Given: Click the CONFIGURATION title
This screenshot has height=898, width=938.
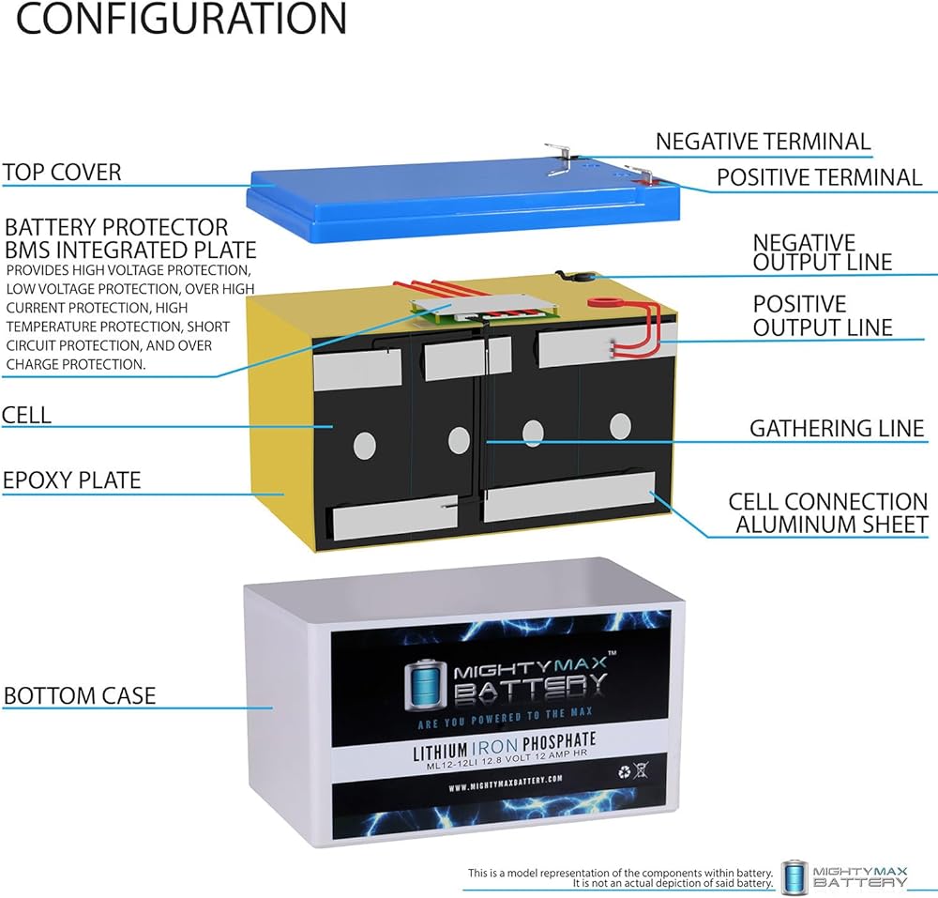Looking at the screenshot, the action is point(181,18).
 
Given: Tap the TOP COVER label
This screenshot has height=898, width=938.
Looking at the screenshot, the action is point(62,173).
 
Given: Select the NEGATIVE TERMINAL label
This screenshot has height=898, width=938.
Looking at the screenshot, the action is point(764,142).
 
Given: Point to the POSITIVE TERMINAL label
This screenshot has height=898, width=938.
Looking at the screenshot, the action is point(820,177).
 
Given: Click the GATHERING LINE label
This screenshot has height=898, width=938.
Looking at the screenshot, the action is point(837,429).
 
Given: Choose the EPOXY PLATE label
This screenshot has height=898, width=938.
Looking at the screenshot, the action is point(72,479).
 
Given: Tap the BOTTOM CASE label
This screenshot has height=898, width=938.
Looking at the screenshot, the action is point(80,695).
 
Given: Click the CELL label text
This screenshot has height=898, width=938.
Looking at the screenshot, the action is point(26,415).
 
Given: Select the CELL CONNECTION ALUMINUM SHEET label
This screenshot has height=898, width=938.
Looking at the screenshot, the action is point(828,512).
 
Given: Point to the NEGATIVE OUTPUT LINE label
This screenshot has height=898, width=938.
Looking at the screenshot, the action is point(823,252).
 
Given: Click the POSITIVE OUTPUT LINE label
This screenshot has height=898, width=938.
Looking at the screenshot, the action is point(823,316).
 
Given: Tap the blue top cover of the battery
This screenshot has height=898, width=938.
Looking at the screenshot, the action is point(463,201).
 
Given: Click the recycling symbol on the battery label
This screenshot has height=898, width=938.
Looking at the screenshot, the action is point(625,771).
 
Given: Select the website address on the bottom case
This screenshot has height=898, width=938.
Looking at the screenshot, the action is point(506,784).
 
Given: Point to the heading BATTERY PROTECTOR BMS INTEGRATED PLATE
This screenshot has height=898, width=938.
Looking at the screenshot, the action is point(130,238).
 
